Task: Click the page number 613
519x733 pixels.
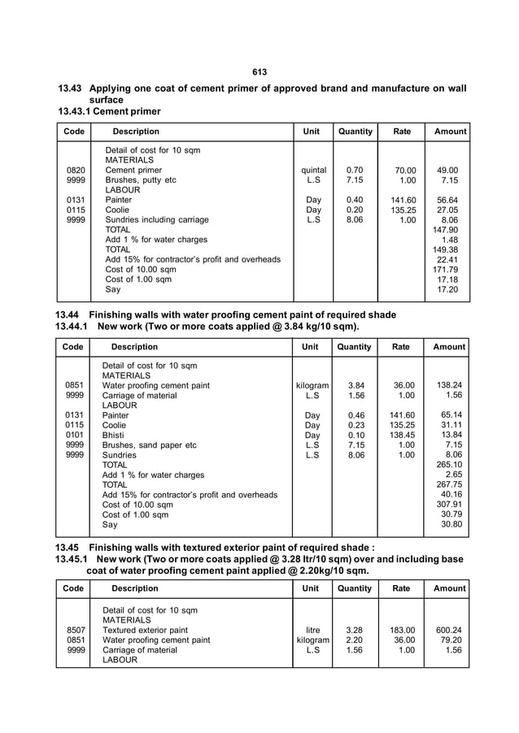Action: (x=259, y=72)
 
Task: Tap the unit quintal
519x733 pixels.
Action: (x=313, y=171)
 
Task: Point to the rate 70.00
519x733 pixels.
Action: (x=404, y=171)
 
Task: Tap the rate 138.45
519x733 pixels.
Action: (x=403, y=435)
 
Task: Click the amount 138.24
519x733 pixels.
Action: (x=448, y=385)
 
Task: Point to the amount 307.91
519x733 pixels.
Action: (x=448, y=504)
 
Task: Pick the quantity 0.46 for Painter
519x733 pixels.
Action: (x=355, y=415)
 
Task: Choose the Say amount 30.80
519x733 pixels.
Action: (x=450, y=524)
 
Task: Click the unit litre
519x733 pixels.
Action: (x=312, y=630)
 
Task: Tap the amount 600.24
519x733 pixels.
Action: (x=448, y=630)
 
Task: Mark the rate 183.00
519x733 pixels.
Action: (x=403, y=630)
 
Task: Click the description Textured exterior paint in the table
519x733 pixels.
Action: (x=145, y=630)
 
